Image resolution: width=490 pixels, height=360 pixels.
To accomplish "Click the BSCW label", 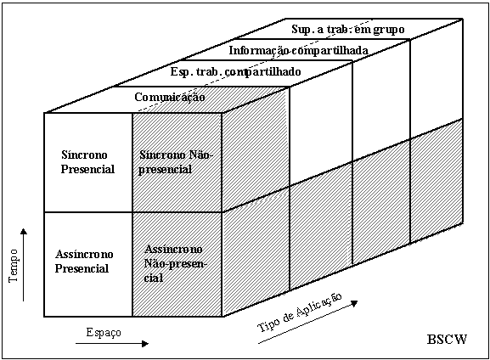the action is click(447, 339).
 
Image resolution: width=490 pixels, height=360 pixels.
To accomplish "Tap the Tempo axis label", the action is click(14, 266).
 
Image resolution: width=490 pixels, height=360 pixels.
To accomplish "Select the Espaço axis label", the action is click(104, 333).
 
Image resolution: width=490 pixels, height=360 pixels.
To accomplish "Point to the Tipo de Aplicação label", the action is click(300, 312).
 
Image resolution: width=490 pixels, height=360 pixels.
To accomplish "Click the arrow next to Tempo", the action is click(24, 265).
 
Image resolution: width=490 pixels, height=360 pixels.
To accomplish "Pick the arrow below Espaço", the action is click(112, 344).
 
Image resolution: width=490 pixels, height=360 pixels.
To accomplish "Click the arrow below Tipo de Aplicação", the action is click(307, 322).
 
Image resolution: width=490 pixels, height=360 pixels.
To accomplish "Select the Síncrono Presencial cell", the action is click(88, 162).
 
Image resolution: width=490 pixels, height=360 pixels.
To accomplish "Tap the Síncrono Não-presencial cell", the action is click(177, 162).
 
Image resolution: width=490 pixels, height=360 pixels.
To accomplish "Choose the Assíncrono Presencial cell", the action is click(88, 264).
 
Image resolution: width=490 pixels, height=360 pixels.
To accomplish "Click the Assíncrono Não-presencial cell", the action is click(177, 264).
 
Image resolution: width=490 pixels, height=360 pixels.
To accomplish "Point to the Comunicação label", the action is click(170, 97).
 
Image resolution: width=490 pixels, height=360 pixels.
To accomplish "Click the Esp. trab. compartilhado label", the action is click(235, 72).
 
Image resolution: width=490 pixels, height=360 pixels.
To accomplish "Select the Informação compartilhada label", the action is click(298, 50).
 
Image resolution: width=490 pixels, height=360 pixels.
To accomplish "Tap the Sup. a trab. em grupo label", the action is click(348, 30).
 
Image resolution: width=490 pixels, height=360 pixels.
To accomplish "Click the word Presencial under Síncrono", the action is click(87, 169).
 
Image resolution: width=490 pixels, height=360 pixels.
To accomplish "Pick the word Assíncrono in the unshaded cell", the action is click(84, 255).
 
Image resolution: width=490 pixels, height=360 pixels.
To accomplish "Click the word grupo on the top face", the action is click(389, 30).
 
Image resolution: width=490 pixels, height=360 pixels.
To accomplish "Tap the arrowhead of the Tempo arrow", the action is click(24, 231).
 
